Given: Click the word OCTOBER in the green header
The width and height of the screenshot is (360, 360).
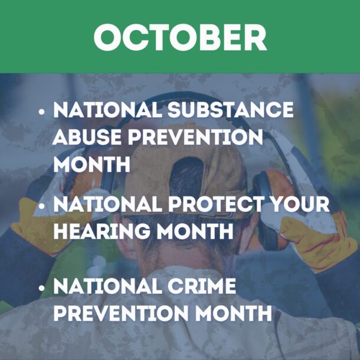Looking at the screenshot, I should (180, 37).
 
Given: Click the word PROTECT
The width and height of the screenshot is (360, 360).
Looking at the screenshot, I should (233, 204).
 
